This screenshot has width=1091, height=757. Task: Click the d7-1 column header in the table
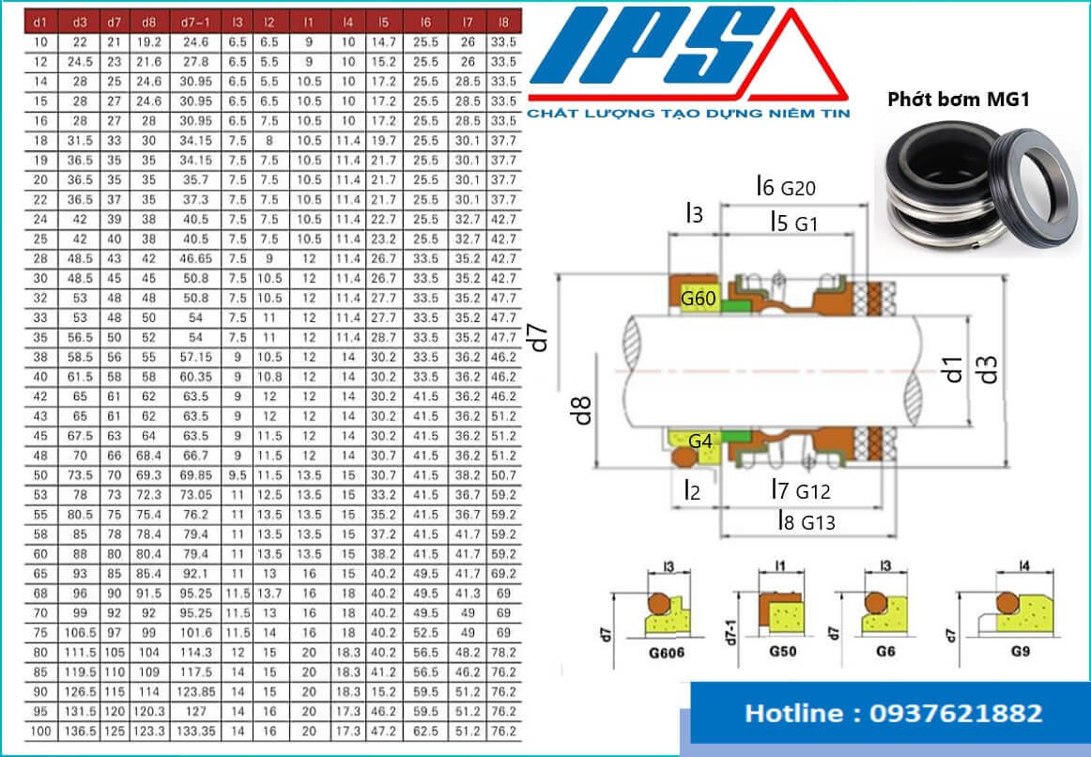click(x=195, y=20)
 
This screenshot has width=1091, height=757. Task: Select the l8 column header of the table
click(x=504, y=20)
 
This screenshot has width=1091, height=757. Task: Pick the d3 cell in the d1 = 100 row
click(x=79, y=729)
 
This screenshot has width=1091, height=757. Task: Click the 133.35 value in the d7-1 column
click(x=195, y=729)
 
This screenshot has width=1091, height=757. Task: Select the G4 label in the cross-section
click(x=699, y=440)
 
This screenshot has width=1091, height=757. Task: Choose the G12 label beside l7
click(x=813, y=490)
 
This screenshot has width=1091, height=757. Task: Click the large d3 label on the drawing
click(x=987, y=369)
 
